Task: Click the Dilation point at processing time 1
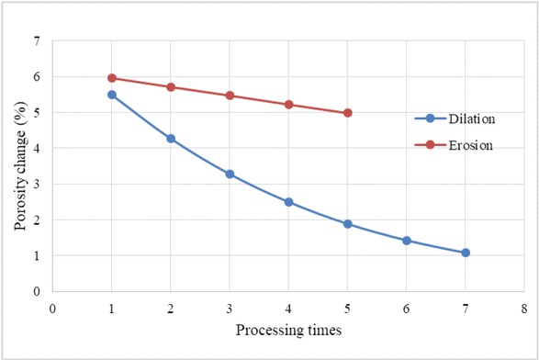pyautogui.click(x=112, y=95)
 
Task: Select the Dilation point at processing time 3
pyautogui.click(x=230, y=174)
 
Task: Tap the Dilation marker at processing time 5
pyautogui.click(x=348, y=224)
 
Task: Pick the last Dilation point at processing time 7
pyautogui.click(x=466, y=253)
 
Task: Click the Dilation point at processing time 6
pyautogui.click(x=407, y=241)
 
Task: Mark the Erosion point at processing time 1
pyautogui.click(x=112, y=78)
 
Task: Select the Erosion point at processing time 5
pyautogui.click(x=348, y=113)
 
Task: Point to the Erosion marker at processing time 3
pyautogui.click(x=230, y=96)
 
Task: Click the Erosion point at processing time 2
pyautogui.click(x=171, y=87)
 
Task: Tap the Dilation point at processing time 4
pyautogui.click(x=289, y=202)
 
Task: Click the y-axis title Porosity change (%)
pyautogui.click(x=19, y=165)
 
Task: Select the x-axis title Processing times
pyautogui.click(x=287, y=330)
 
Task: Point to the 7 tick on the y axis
pyautogui.click(x=37, y=41)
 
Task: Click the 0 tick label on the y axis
pyautogui.click(x=37, y=292)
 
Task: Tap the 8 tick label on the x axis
pyautogui.click(x=524, y=308)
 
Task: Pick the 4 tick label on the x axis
pyautogui.click(x=289, y=308)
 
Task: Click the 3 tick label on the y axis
pyautogui.click(x=37, y=185)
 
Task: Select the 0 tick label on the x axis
pyautogui.click(x=53, y=308)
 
